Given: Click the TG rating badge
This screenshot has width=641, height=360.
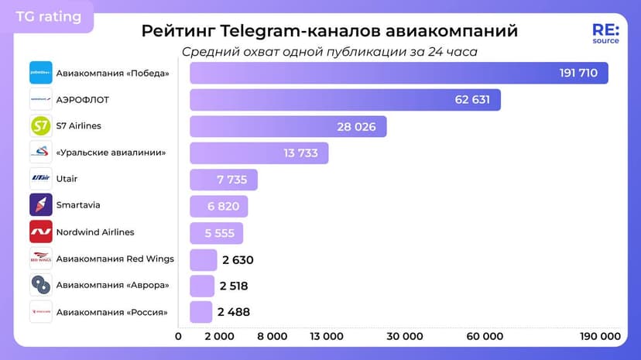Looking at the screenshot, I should click(x=48, y=16).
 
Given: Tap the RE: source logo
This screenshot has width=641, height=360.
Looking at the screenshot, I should click(x=605, y=33).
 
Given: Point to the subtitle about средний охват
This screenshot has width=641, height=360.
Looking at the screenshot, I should click(x=329, y=52).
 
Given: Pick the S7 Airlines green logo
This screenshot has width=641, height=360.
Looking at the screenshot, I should click(x=41, y=125).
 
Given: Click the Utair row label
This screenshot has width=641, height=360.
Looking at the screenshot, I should click(x=67, y=179).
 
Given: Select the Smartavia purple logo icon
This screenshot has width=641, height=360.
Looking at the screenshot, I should click(x=41, y=205).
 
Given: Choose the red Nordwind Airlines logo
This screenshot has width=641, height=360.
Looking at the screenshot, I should click(x=41, y=231).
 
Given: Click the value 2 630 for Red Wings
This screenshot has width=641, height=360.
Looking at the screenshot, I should click(x=236, y=260).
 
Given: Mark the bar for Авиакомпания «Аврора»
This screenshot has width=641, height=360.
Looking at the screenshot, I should click(x=202, y=286).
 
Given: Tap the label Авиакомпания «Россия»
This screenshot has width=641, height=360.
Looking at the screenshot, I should click(x=111, y=312).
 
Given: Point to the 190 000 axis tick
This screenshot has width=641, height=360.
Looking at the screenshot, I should click(x=600, y=336).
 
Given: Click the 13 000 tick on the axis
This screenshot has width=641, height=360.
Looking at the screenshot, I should click(x=326, y=336).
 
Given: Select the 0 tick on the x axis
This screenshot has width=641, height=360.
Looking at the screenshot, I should click(x=179, y=336).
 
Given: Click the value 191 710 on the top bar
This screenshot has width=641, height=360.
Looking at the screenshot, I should click(x=579, y=73).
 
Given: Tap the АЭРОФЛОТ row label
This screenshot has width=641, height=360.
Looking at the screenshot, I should click(x=83, y=99).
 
